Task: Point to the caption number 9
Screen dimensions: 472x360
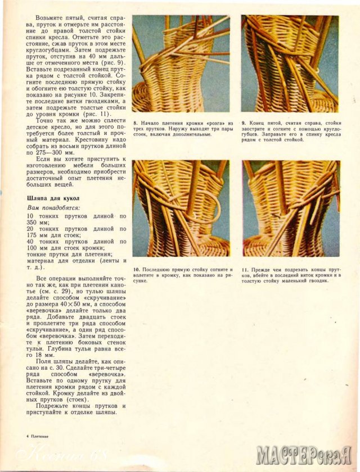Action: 243,122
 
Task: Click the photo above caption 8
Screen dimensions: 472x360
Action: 181,64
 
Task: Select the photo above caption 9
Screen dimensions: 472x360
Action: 290,64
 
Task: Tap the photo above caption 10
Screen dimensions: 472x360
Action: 181,208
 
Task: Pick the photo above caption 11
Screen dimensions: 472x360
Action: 291,208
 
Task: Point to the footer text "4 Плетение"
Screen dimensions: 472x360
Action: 37,436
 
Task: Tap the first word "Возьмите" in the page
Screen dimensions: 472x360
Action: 50,19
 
